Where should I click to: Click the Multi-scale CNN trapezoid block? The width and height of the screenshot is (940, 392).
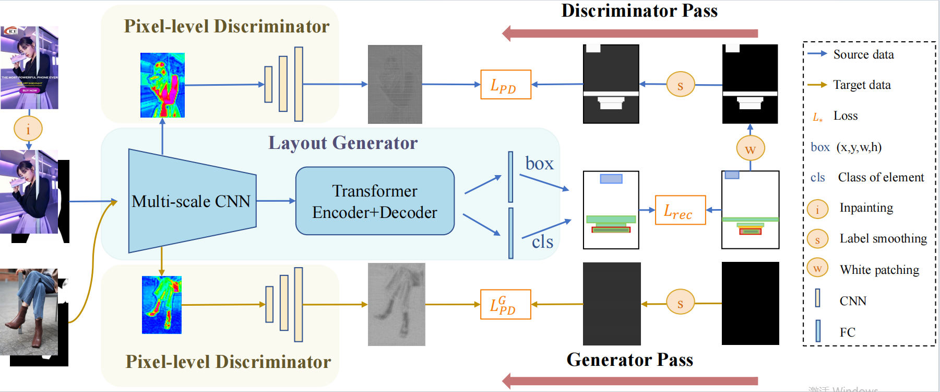[192, 201]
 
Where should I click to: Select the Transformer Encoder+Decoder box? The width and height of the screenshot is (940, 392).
[375, 201]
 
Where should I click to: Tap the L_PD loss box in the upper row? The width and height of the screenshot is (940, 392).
[505, 85]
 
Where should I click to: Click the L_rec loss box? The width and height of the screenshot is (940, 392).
[680, 210]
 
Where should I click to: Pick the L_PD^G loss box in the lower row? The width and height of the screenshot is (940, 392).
[505, 305]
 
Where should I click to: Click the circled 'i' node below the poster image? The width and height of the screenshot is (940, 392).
[28, 129]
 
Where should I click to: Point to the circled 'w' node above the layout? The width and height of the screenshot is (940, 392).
[750, 148]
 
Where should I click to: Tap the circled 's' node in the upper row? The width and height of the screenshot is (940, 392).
[680, 85]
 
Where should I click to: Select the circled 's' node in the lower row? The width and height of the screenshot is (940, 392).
[680, 303]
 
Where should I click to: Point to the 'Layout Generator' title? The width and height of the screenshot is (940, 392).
[343, 143]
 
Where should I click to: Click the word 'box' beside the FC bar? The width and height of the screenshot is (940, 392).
[539, 164]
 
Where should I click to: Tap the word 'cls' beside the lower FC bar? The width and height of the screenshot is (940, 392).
[542, 241]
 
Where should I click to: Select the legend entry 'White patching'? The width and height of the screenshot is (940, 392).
[879, 270]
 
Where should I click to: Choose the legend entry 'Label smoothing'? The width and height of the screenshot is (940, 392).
[883, 238]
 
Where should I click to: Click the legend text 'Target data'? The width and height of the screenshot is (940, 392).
[862, 85]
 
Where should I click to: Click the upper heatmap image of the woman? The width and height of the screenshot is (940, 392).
[162, 85]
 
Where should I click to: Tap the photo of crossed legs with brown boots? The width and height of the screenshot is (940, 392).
[29, 312]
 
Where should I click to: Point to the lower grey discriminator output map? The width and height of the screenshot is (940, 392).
[396, 304]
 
